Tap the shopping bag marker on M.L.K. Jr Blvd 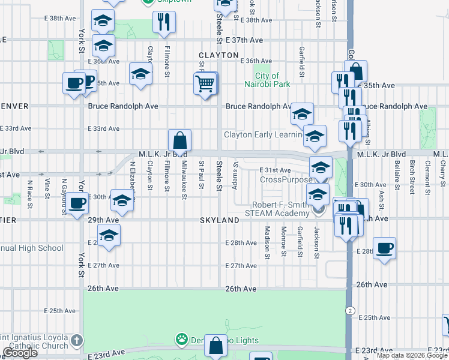click(x=179, y=141)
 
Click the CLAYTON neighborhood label click(x=219, y=55)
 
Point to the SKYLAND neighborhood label click(x=220, y=220)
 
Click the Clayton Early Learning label click(x=263, y=134)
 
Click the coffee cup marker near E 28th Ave click(x=384, y=247)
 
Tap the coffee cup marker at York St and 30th click(x=77, y=203)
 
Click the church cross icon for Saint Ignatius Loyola click(x=76, y=340)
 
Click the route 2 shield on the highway click(x=349, y=310)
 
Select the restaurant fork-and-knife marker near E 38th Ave click(x=163, y=22)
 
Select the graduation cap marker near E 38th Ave click(x=103, y=21)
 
